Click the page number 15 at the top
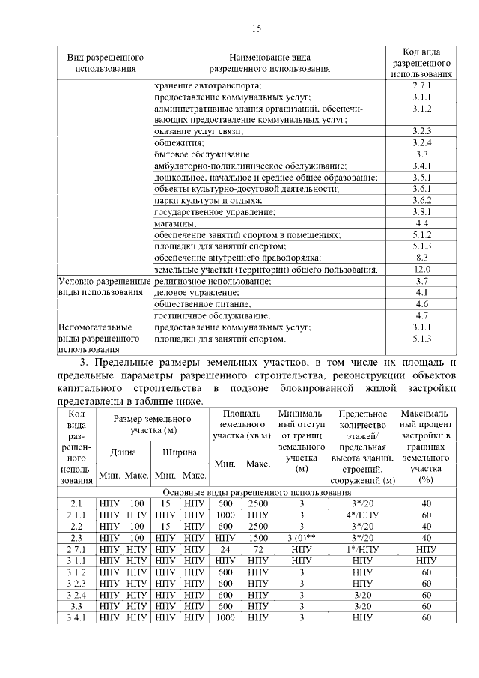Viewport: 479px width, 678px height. coord(256,29)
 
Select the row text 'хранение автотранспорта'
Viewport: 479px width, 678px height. coord(208,86)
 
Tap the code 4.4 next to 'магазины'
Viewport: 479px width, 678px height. coord(421,223)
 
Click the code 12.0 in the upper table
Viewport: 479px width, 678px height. coord(421,269)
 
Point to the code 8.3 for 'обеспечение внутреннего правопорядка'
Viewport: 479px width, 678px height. coord(421,258)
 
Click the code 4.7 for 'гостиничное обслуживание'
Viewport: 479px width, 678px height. coord(421,315)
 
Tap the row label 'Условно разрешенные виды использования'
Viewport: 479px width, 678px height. coord(105,287)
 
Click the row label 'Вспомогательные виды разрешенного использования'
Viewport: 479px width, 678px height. coord(105,338)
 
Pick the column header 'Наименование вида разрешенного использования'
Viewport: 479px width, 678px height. coord(269,64)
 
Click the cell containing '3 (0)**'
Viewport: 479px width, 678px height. coord(302,537)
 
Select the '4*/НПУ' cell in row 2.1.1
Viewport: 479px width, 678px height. coord(361,515)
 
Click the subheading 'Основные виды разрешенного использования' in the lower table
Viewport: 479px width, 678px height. coord(257,492)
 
